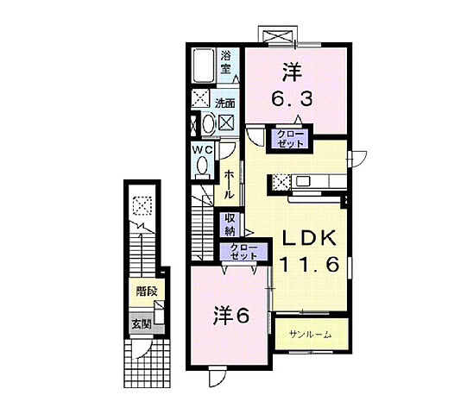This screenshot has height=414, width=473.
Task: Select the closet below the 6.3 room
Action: click(x=289, y=140)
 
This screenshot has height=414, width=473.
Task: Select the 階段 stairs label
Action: click(x=144, y=292)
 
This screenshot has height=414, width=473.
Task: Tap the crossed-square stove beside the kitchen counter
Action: click(x=281, y=182)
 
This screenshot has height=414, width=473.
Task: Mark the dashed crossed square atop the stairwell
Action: click(x=142, y=206)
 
